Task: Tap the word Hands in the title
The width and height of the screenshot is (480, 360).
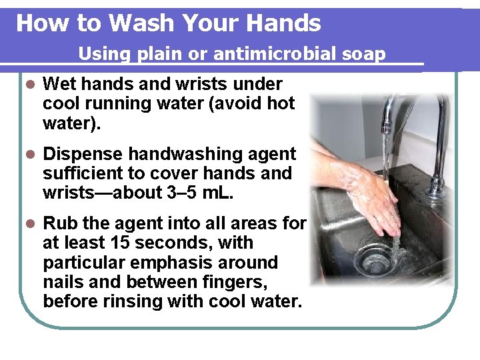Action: coord(283,23)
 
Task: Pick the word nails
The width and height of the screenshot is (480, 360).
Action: coord(63,282)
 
